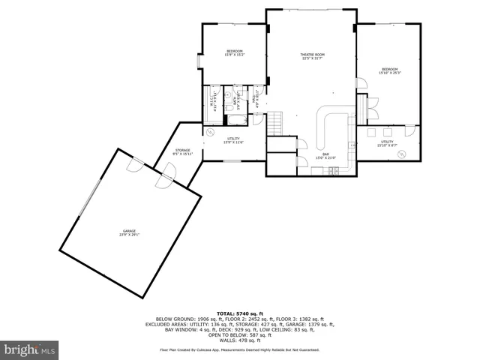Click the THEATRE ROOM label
click(x=312, y=56)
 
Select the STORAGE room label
click(x=183, y=152)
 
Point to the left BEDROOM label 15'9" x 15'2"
click(x=233, y=52)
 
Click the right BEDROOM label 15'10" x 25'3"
click(x=388, y=71)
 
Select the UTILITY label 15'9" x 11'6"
click(x=233, y=140)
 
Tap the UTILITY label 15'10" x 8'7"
click(x=387, y=142)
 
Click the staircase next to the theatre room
click(x=277, y=120)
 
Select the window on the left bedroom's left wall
click(x=199, y=61)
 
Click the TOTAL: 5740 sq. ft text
click(x=239, y=313)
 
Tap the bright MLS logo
click(x=30, y=349)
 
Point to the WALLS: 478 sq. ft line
click(x=239, y=339)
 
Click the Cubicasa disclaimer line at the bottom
click(x=239, y=349)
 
